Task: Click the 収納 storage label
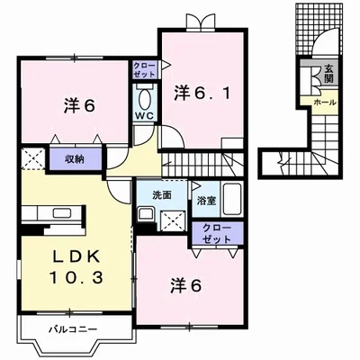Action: pyautogui.click(x=74, y=159)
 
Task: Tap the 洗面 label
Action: pyautogui.click(x=148, y=193)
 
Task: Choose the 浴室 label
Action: pyautogui.click(x=205, y=200)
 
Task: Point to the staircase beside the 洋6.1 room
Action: pyautogui.click(x=206, y=163)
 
